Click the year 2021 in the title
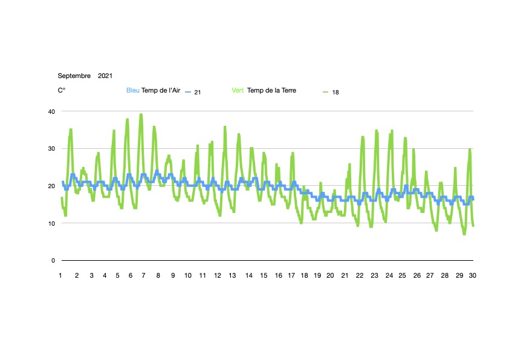coord(105,76)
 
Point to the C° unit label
coord(62,91)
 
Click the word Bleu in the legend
coord(132,91)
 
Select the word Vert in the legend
coord(239,91)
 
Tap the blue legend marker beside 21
coord(188,92)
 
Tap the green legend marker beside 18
coord(326,92)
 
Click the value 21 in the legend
coord(198,92)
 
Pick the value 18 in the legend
coord(336,92)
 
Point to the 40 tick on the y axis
coord(51,111)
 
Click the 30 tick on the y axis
coord(51,149)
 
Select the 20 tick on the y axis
coord(51,186)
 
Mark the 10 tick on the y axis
coord(51,223)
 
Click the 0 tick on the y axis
coord(53,261)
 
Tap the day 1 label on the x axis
coord(61,276)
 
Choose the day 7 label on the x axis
coord(143,276)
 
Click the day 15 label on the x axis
coord(264,276)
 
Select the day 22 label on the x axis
coord(360,276)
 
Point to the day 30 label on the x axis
coord(473,276)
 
